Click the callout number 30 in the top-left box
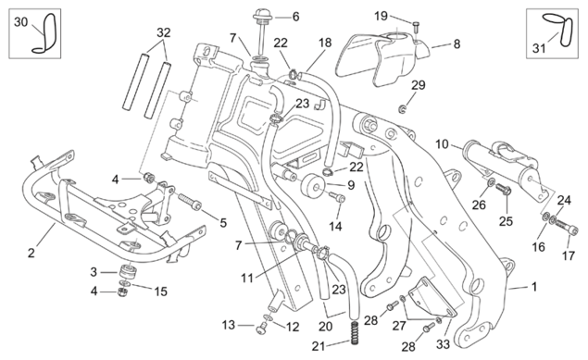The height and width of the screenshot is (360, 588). [x=20, y=22]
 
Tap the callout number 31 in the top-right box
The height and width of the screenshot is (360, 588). [x=539, y=48]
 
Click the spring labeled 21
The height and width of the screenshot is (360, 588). [x=354, y=332]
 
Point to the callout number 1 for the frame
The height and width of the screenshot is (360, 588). [x=533, y=287]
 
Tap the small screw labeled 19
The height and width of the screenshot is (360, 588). [x=416, y=27]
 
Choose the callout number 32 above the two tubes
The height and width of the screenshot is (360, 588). [x=164, y=32]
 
